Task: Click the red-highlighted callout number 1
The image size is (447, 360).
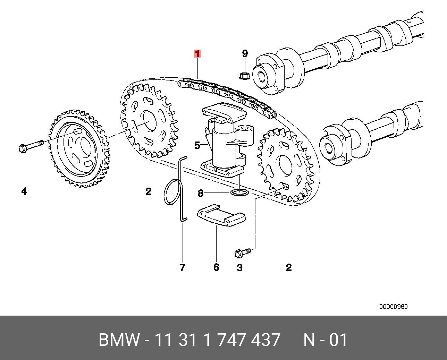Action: click(x=197, y=54)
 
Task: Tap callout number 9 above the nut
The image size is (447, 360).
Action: click(x=245, y=53)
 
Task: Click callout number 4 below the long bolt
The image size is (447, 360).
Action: click(x=24, y=191)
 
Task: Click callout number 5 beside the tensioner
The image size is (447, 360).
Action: click(x=197, y=145)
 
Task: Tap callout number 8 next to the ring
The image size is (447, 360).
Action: click(x=200, y=193)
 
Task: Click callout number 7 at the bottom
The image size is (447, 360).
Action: click(x=183, y=267)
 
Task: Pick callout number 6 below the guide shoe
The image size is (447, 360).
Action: click(x=216, y=267)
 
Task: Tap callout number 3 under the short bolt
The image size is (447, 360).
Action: click(x=239, y=267)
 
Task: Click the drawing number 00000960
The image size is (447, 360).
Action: click(x=393, y=307)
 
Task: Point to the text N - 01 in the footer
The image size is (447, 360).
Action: click(x=325, y=340)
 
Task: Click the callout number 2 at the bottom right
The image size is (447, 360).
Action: click(x=289, y=267)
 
